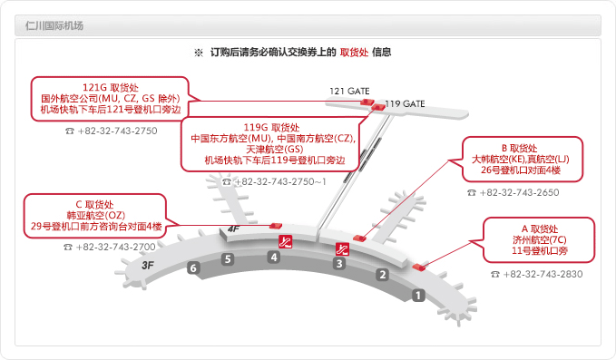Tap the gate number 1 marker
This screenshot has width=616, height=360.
418,295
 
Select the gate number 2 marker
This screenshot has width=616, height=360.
383,275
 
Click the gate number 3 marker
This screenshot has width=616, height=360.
339,264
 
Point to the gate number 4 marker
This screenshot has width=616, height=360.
273,258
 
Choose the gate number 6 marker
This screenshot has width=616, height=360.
192,268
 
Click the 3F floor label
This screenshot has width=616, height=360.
149,264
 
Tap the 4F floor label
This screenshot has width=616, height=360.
233,229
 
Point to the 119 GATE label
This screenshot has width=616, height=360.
406,104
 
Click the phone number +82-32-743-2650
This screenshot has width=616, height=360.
513,192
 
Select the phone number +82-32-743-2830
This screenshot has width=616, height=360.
536,274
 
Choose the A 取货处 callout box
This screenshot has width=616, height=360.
539,238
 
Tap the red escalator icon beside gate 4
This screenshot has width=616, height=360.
285,241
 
